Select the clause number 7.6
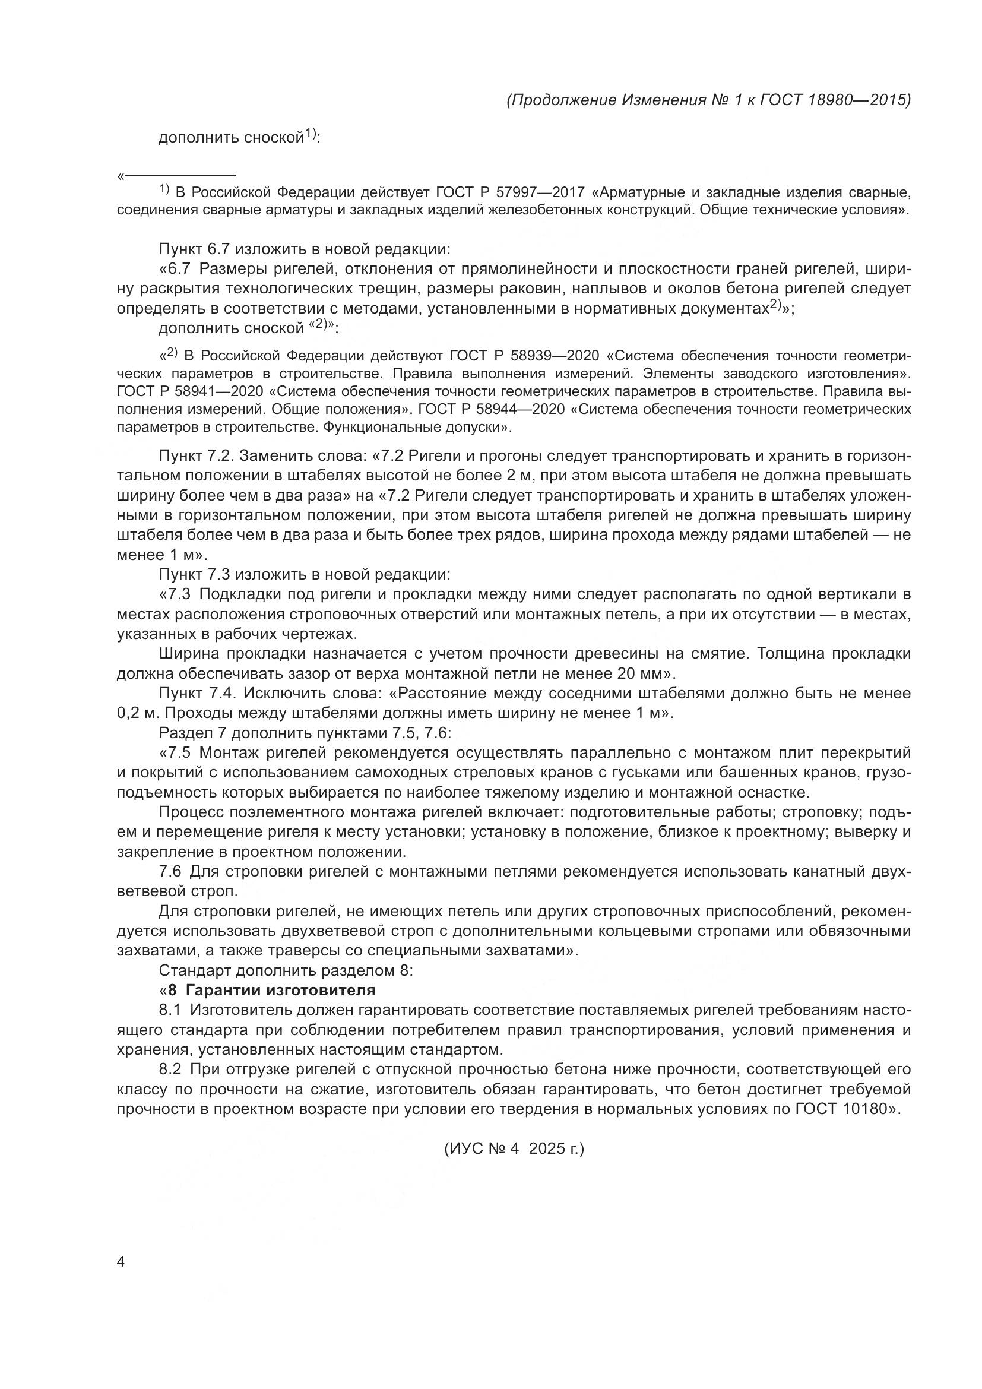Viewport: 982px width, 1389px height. (169, 872)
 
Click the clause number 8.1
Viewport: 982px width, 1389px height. (169, 1010)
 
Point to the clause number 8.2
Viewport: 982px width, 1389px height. (169, 1070)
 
